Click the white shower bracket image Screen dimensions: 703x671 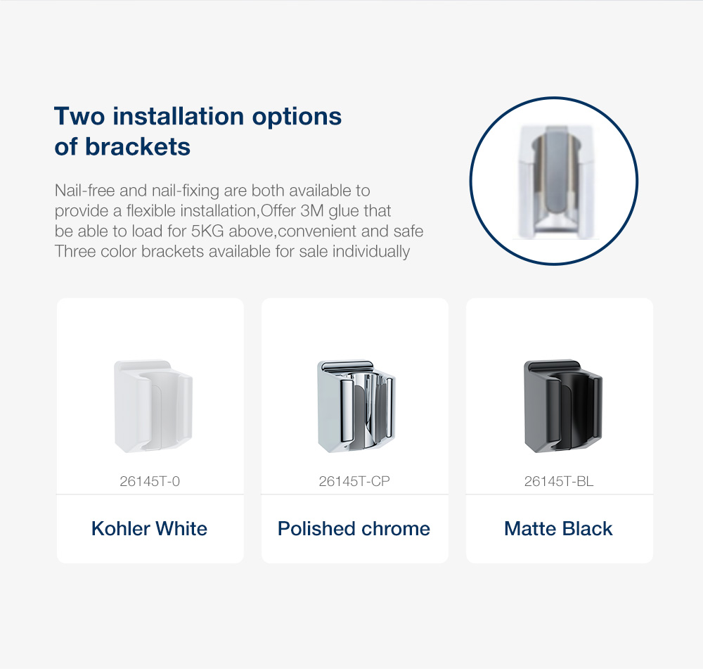coord(153,407)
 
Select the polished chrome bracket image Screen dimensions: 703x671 coord(356,407)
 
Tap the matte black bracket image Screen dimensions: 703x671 coord(563,407)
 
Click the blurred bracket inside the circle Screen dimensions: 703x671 coord(556,181)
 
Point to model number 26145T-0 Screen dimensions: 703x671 coord(150,481)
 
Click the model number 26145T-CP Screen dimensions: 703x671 coord(354,481)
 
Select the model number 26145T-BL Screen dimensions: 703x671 coord(559,481)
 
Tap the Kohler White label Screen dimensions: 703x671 coord(149,528)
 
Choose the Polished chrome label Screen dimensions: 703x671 coord(354,528)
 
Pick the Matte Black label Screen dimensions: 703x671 coord(558,528)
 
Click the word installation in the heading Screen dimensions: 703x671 coord(179,116)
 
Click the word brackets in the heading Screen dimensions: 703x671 coord(138,147)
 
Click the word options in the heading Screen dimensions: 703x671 coord(297,117)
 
